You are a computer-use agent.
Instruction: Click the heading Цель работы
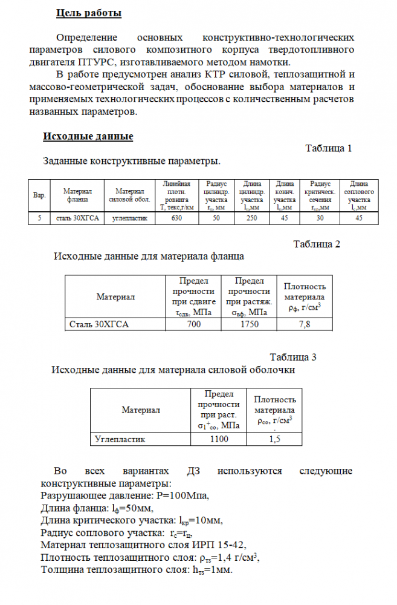[x=88, y=12]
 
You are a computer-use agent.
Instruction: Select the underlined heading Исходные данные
[x=88, y=137]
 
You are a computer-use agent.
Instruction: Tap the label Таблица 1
[x=328, y=148]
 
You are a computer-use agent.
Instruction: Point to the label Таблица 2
[x=317, y=244]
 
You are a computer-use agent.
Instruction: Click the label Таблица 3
[x=293, y=357]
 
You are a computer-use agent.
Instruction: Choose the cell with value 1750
[x=249, y=324]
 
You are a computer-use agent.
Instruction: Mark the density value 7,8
[x=305, y=324]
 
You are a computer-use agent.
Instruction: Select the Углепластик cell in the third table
[x=120, y=439]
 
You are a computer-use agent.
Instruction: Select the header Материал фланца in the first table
[x=77, y=195]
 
